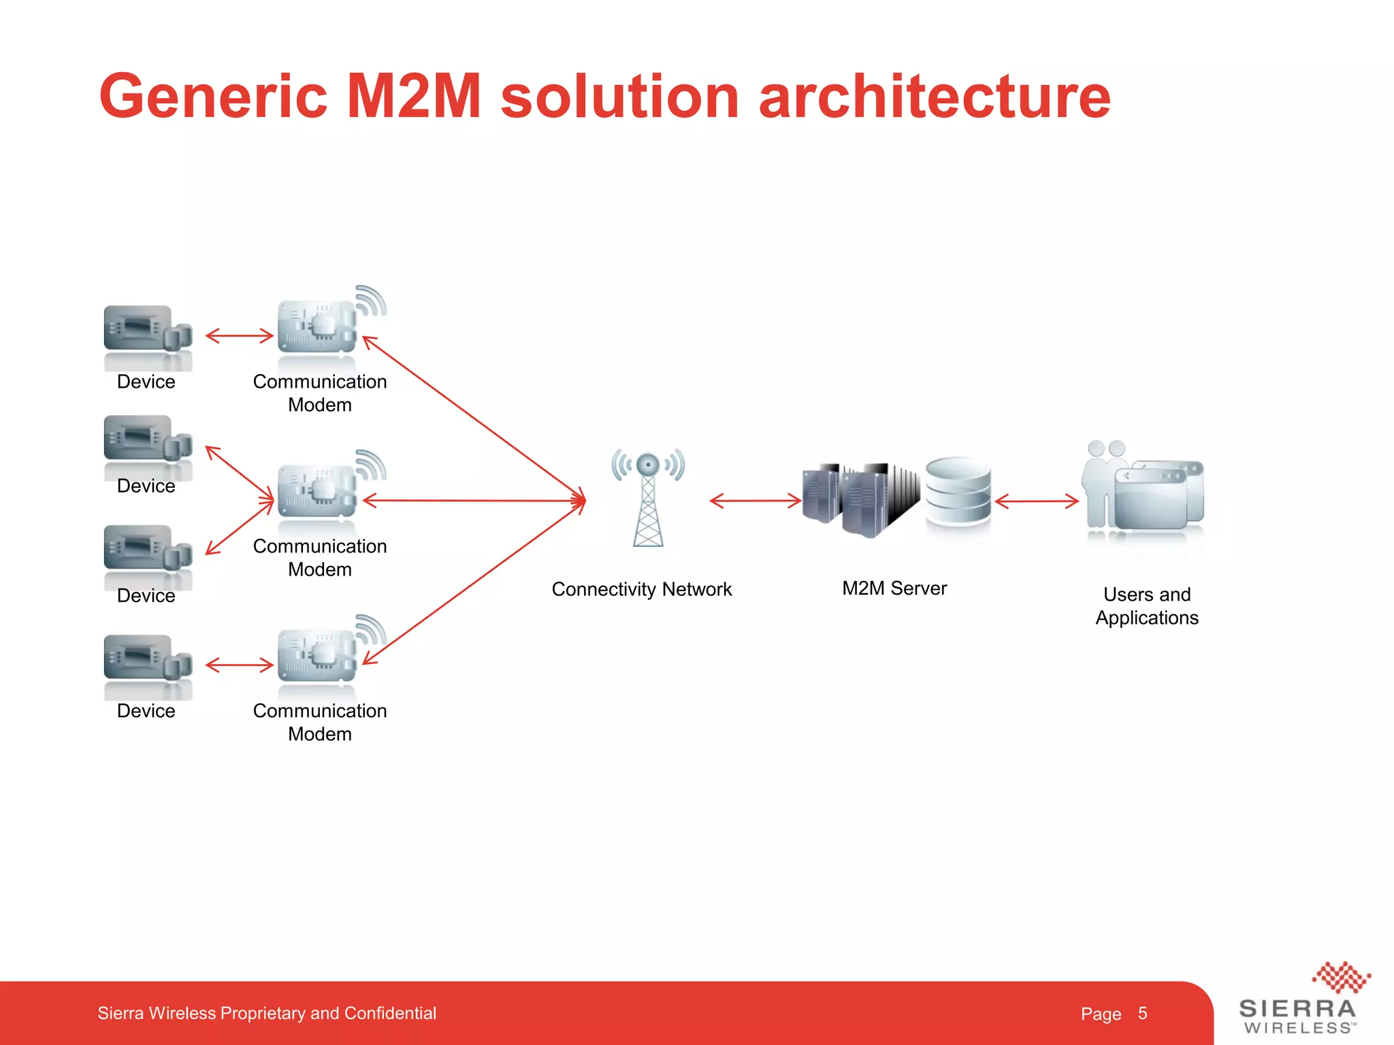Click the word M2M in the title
[414, 97]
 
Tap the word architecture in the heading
[934, 97]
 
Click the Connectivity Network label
[641, 589]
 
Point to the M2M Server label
[894, 588]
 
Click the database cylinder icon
[958, 491]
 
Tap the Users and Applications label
[1147, 606]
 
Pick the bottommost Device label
[146, 711]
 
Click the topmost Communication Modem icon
[320, 327]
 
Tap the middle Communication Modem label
[320, 558]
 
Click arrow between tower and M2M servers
[756, 501]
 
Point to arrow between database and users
[1037, 502]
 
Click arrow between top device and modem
[239, 335]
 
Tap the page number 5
[1142, 1014]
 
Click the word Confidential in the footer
[390, 1014]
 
